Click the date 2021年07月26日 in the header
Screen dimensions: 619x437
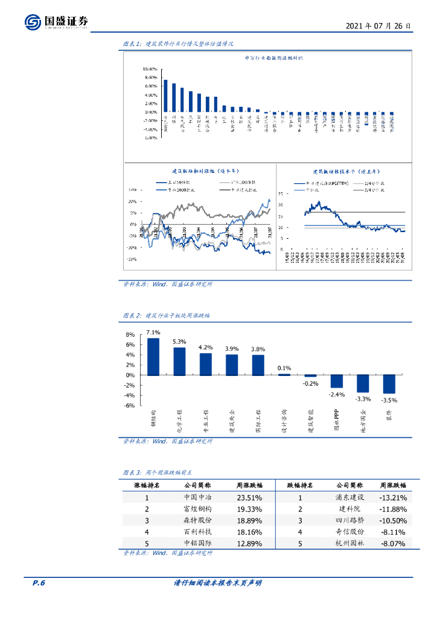click(x=379, y=27)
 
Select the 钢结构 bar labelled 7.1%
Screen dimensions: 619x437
click(x=153, y=357)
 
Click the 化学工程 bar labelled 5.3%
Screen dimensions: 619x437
click(x=179, y=361)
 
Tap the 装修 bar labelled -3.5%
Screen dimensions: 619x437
click(x=388, y=384)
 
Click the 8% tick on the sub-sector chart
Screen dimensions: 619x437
click(x=130, y=335)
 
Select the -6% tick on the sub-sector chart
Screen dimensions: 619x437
click(x=130, y=406)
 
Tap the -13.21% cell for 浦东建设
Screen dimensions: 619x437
click(x=393, y=497)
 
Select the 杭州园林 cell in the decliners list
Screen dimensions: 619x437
click(x=349, y=543)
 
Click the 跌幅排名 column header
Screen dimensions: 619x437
click(x=299, y=485)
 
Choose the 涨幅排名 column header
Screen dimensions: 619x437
click(x=147, y=485)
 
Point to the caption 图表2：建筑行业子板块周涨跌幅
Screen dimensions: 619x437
click(x=166, y=316)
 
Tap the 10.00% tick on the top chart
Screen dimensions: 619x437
click(x=150, y=70)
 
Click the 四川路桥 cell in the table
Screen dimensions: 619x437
click(x=349, y=520)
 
